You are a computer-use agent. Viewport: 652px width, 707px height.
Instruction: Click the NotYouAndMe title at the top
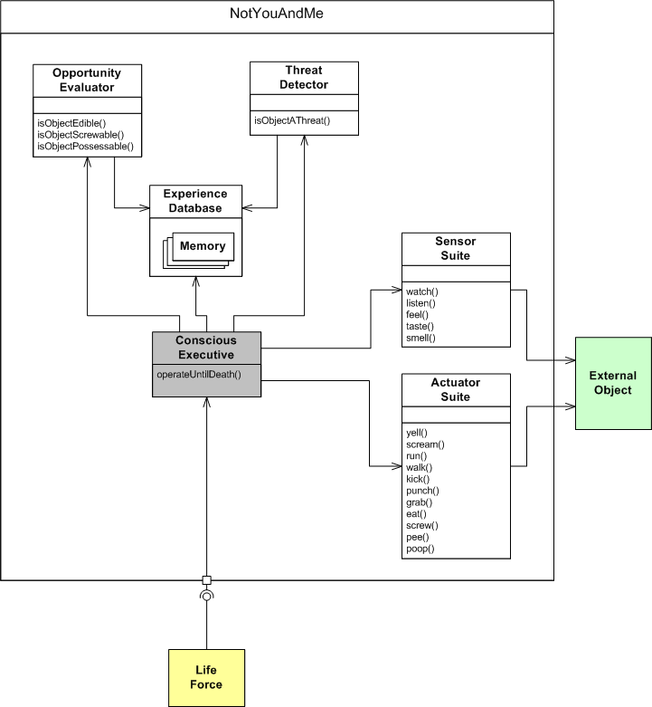point(277,15)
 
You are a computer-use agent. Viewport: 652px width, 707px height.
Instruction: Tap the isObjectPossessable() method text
point(85,146)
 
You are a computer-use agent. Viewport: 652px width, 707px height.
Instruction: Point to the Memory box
point(203,246)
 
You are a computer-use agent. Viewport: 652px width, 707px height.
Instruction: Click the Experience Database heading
point(195,201)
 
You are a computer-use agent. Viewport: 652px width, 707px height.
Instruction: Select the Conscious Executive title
point(206,348)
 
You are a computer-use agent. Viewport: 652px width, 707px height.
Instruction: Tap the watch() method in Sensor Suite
point(422,291)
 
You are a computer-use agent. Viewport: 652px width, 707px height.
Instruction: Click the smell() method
point(421,338)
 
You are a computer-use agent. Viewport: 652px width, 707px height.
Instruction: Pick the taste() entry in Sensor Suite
point(420,326)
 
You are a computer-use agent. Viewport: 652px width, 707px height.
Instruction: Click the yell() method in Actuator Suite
point(417,432)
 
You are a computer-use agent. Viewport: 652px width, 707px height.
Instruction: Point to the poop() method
point(420,549)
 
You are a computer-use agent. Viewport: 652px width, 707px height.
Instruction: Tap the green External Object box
point(612,383)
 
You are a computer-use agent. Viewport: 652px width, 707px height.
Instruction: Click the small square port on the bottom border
point(206,580)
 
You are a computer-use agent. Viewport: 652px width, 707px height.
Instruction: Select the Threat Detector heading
point(304,78)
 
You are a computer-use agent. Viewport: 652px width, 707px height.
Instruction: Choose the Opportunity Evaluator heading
point(88,80)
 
